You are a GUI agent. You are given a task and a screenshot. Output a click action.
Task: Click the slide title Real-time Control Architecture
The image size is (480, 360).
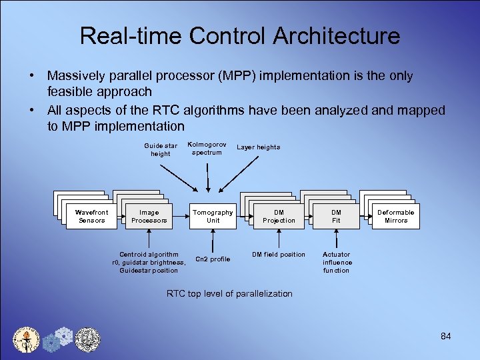coord(240,35)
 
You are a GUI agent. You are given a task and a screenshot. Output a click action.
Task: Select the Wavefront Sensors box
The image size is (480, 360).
coord(92,217)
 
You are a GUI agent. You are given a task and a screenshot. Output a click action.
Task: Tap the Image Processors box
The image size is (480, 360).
coord(149,217)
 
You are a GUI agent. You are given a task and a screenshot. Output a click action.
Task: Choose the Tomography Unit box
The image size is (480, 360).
coord(213,217)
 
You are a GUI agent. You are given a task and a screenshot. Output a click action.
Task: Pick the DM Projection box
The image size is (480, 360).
coord(279,217)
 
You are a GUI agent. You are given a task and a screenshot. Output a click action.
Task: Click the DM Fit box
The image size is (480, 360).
coord(336,217)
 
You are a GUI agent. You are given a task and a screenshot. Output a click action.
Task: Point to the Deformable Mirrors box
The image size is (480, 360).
coord(396,217)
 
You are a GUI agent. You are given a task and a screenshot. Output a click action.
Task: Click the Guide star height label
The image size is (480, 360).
coord(160,149)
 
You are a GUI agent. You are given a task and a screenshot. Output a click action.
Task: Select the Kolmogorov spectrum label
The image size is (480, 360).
coord(207,148)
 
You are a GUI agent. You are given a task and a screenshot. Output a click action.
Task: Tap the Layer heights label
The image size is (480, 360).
coord(259,147)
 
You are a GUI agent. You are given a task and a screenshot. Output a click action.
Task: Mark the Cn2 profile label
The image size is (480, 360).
coord(213,259)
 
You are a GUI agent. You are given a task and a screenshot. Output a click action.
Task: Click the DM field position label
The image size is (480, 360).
coord(278,255)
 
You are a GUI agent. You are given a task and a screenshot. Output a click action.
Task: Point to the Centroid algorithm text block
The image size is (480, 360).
coord(149,262)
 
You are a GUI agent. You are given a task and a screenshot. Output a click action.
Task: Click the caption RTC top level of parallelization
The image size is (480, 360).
coord(229,293)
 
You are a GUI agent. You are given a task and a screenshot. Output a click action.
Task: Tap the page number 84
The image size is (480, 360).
coord(446,336)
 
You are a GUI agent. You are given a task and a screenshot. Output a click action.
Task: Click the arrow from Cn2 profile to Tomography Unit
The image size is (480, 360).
coord(213,240)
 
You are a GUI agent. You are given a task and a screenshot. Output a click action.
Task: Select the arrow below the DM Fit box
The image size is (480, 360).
coord(337,239)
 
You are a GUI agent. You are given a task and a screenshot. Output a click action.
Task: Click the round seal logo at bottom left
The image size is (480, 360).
coord(27,339)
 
